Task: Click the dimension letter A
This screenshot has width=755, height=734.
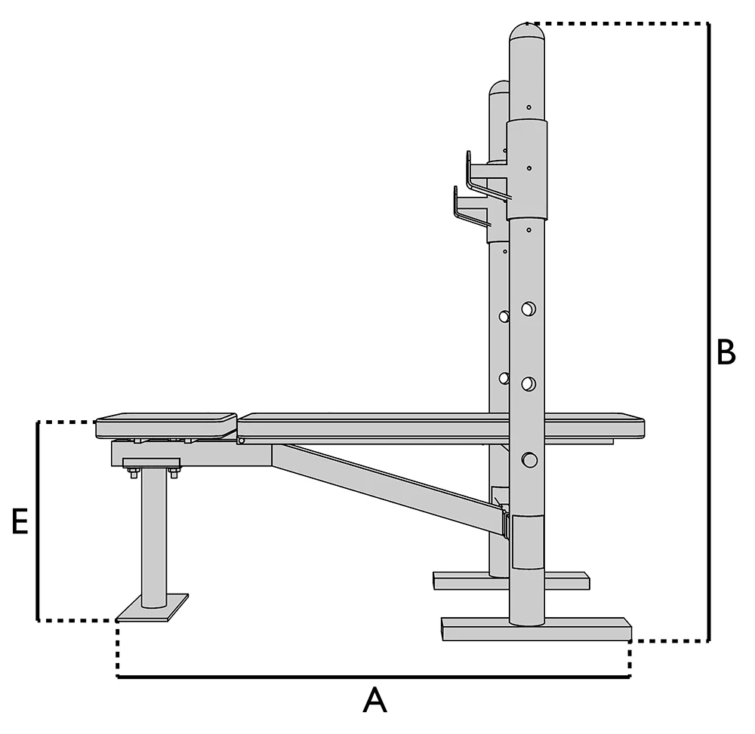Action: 374,700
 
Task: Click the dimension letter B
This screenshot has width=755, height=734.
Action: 726,352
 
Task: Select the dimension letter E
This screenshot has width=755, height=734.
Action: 20,522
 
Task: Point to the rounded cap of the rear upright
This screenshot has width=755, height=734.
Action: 498,88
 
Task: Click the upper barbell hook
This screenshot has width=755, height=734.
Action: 483,171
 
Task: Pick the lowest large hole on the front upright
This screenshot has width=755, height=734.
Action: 528,459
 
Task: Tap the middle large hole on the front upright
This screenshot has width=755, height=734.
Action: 528,384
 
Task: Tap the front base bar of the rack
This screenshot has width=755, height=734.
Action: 536,630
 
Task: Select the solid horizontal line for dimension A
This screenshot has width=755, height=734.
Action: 374,677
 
